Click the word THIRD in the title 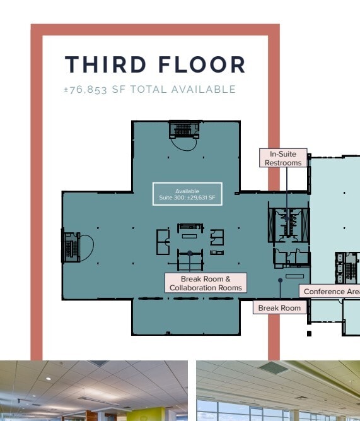pos(105,64)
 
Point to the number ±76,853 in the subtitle pos(86,90)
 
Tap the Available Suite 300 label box pos(187,194)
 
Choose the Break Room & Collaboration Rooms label pos(206,283)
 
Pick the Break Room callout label pos(280,307)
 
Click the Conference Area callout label pos(330,292)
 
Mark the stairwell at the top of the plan pos(184,130)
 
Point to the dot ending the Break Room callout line pos(281,280)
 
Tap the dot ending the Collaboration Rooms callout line pos(190,253)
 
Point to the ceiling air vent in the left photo pos(98,364)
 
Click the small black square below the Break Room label pos(309,333)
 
